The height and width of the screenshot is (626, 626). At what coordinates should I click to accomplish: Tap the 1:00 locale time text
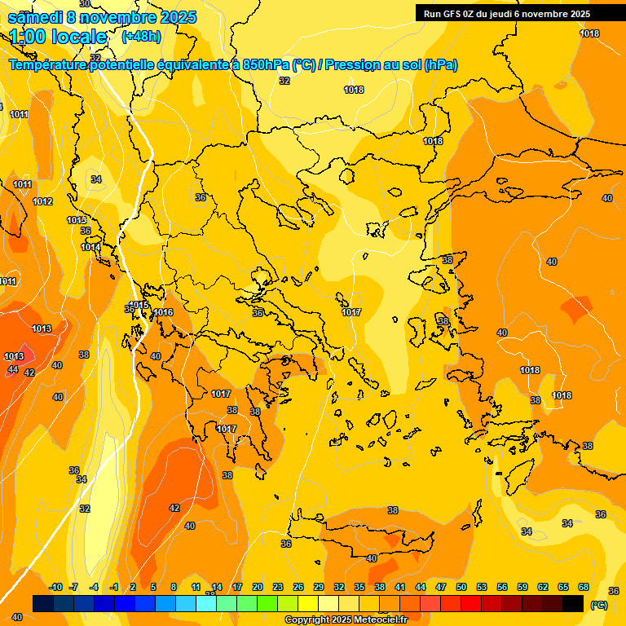click(58, 37)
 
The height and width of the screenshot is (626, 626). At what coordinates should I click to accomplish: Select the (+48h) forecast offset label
click(141, 37)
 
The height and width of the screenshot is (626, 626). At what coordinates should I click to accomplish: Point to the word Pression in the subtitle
click(359, 65)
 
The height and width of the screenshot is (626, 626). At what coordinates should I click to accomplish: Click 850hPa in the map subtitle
click(266, 65)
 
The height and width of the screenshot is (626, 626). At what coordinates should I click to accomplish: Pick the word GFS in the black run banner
click(450, 14)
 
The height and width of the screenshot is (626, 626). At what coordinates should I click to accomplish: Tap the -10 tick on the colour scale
click(56, 588)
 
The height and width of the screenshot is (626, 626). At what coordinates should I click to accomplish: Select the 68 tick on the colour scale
click(584, 588)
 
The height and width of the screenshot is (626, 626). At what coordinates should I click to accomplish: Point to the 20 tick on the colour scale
click(258, 588)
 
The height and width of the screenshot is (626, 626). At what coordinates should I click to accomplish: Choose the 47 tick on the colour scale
click(441, 588)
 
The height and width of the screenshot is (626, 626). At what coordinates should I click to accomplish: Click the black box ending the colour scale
click(573, 604)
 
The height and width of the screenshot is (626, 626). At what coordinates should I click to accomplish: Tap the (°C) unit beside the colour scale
click(598, 605)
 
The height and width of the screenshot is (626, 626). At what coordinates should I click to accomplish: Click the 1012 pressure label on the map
click(42, 202)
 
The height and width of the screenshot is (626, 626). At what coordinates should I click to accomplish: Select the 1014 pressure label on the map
click(90, 247)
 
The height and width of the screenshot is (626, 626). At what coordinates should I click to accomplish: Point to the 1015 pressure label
click(139, 306)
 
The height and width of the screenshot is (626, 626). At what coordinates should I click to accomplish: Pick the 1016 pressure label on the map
click(163, 312)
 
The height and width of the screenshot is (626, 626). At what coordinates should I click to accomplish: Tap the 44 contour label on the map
click(12, 370)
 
